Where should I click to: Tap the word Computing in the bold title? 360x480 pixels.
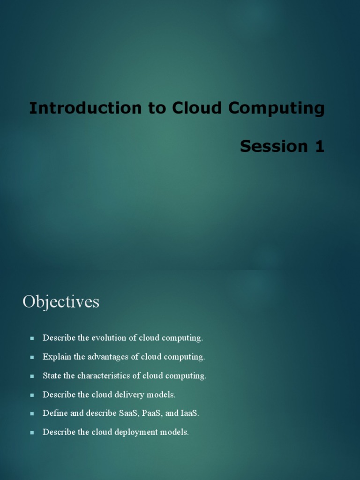277,108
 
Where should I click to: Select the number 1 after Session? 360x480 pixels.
319,147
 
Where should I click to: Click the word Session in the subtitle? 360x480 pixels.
273,147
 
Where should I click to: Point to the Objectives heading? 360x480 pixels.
61,301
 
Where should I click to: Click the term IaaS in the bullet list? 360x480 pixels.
189,413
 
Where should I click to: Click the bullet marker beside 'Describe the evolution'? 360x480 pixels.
32,338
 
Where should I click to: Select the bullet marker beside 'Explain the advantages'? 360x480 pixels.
32,357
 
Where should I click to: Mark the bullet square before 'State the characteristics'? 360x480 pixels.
32,376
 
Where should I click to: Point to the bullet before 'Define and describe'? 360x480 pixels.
32,414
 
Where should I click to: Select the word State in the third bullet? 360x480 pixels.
51,375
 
